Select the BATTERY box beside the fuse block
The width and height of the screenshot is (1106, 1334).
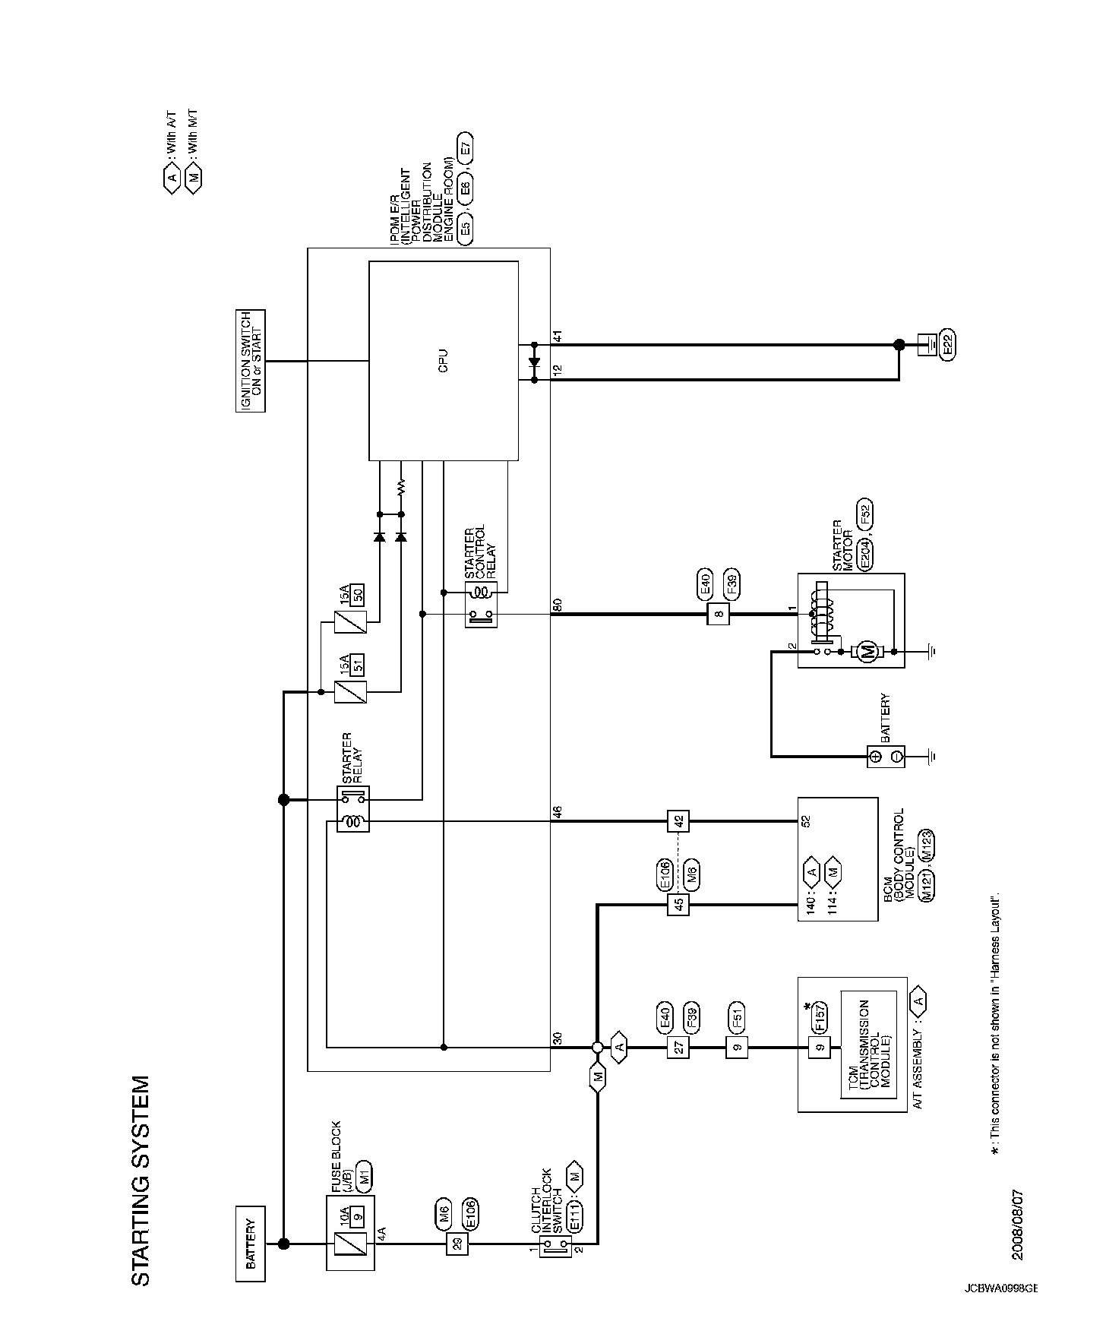(x=251, y=1244)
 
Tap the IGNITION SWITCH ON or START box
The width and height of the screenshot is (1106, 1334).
(x=251, y=360)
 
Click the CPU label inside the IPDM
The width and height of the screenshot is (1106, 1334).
(x=444, y=360)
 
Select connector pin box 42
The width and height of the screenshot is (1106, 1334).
(x=678, y=821)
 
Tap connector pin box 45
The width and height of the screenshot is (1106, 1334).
(x=678, y=904)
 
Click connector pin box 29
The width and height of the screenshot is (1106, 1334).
(x=457, y=1244)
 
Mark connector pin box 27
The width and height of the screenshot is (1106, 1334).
(x=678, y=1048)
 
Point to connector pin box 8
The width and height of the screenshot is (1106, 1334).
(x=718, y=614)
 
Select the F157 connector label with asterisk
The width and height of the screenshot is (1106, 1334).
(x=820, y=1017)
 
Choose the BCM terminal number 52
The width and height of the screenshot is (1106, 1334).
(x=807, y=820)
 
